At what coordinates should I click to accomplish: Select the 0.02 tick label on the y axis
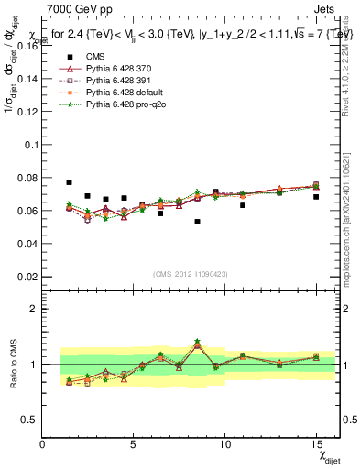(x=27, y=277)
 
